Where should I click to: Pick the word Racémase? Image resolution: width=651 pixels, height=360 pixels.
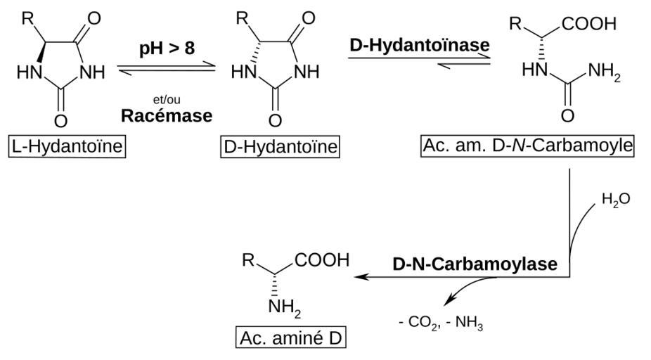pos(167,116)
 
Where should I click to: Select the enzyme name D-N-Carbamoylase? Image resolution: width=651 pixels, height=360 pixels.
pos(475,264)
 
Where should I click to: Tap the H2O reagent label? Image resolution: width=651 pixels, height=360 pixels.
pos(616,200)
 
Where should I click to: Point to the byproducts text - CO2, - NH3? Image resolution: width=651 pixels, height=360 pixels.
pos(441,324)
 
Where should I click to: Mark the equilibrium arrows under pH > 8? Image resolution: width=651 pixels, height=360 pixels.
pos(167,69)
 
